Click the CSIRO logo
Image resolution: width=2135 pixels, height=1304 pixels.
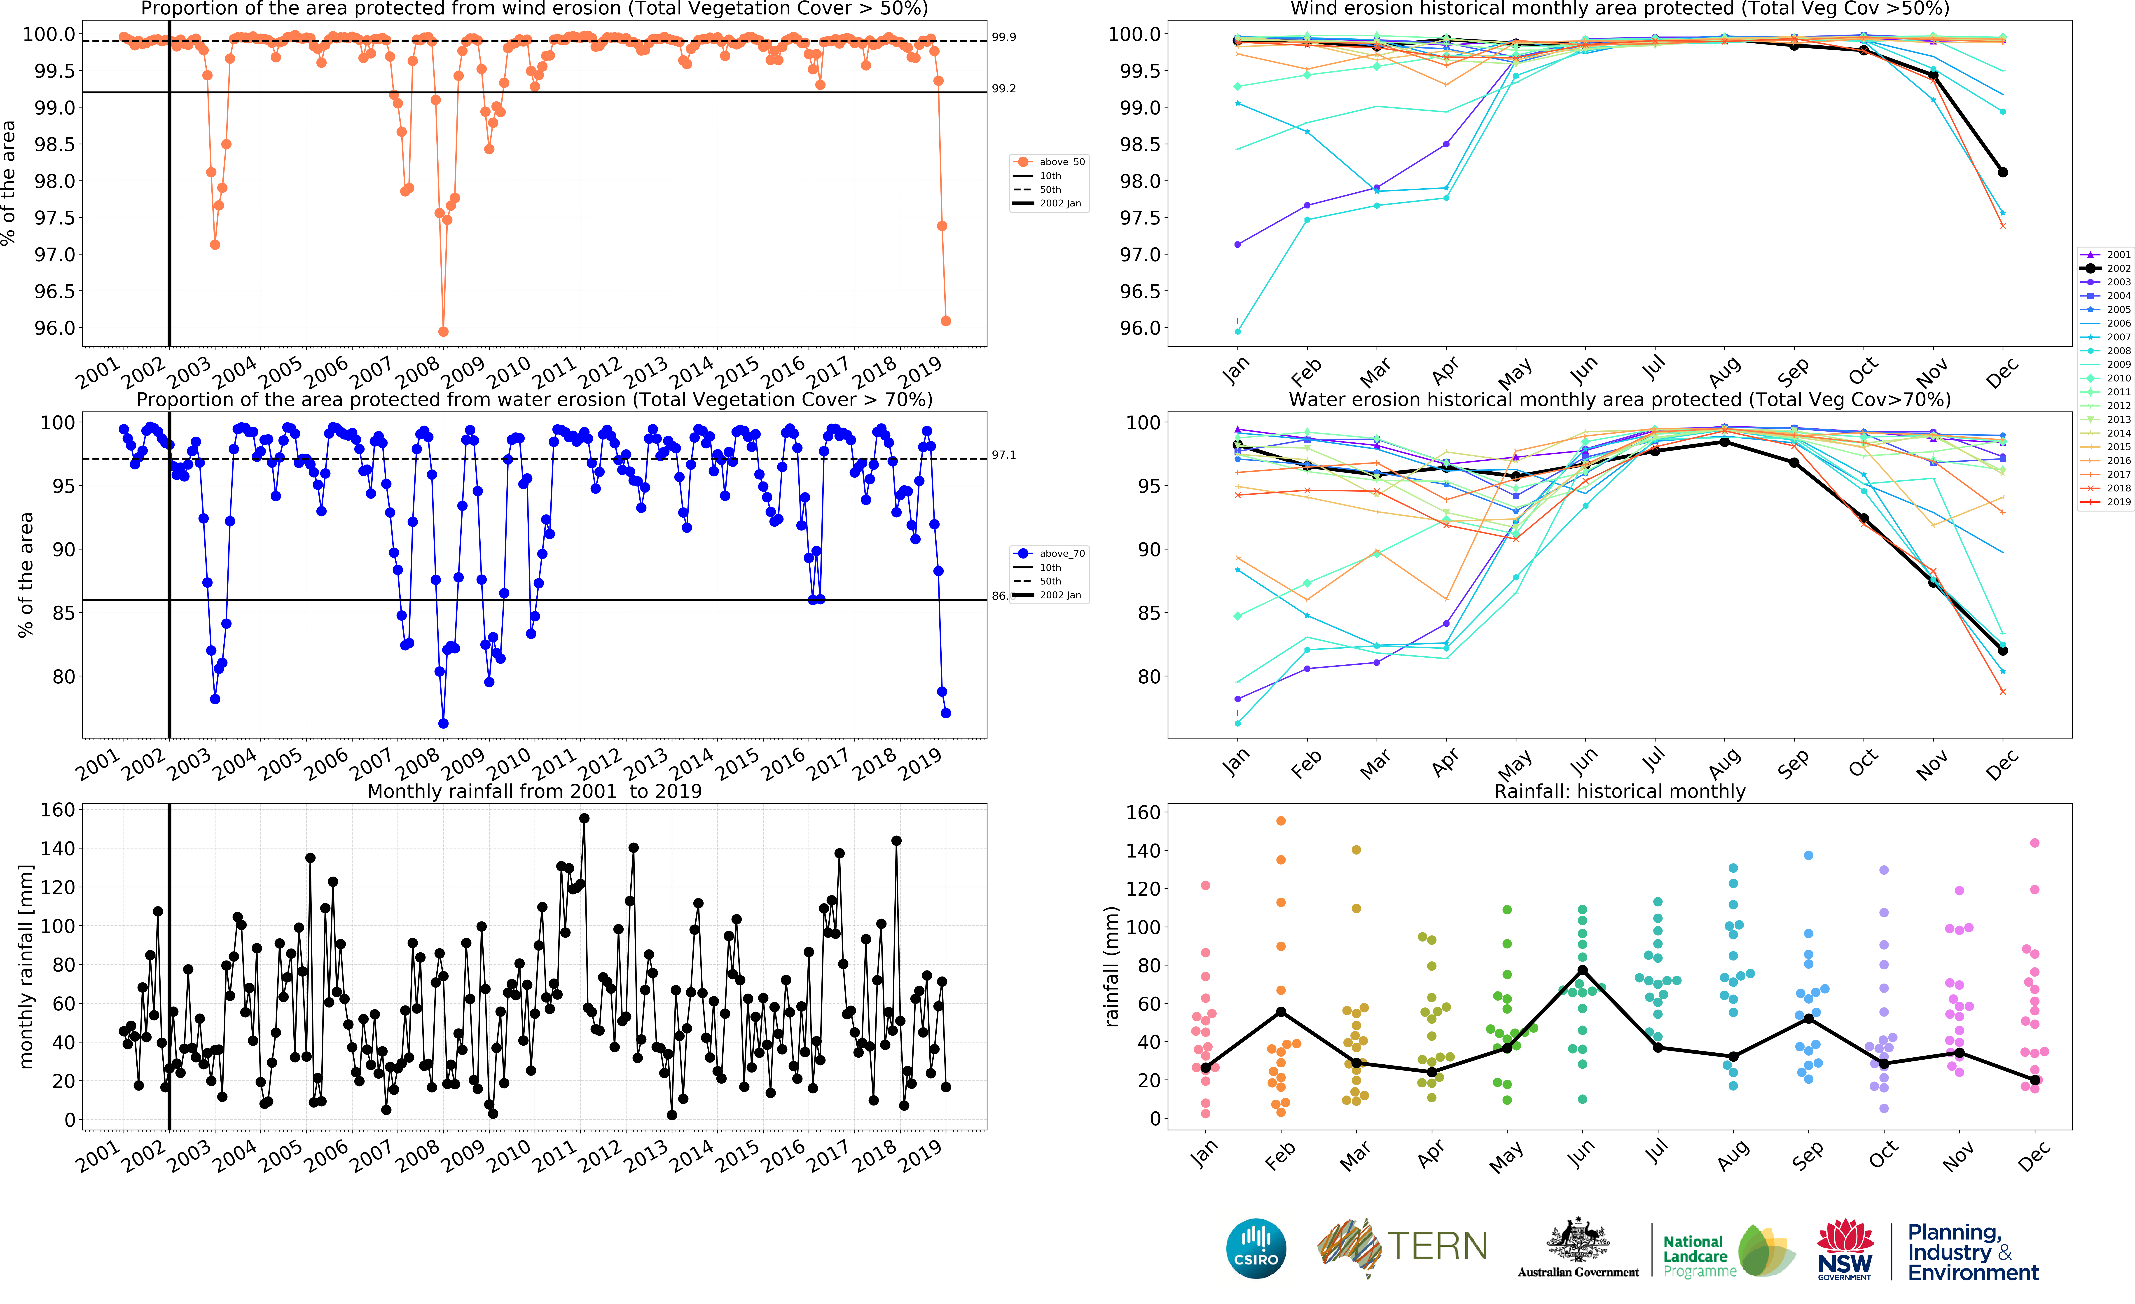pos(1256,1248)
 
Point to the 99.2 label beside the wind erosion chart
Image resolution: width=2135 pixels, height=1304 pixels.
pos(1003,88)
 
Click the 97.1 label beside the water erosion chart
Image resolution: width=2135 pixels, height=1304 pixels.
pos(1003,455)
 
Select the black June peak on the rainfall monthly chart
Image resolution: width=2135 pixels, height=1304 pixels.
pos(1582,970)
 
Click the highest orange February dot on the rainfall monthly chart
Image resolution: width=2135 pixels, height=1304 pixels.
pos(1281,820)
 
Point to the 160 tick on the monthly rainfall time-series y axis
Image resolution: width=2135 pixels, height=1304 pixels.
pos(58,809)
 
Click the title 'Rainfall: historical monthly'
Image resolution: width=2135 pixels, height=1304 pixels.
pos(1619,791)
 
